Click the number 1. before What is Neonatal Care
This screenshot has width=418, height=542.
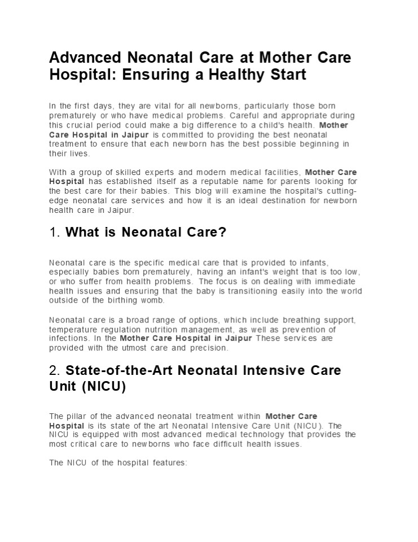click(55, 232)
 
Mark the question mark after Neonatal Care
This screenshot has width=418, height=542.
click(223, 232)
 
